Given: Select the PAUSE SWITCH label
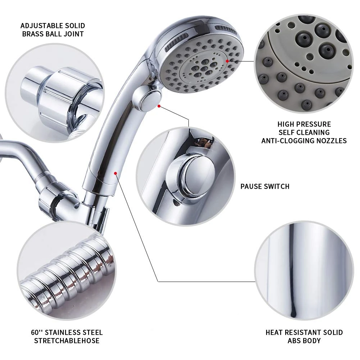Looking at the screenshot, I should (265, 186).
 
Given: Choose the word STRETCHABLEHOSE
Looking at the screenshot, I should (67, 341).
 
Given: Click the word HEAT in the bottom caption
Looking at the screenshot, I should (276, 332).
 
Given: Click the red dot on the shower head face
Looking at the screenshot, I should (227, 61).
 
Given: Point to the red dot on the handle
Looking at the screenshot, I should (115, 173).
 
